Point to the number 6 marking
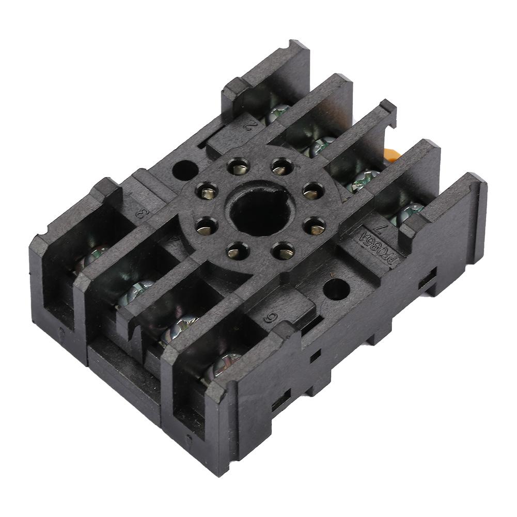click(268, 317)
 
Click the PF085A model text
click(386, 249)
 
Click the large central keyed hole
click(255, 209)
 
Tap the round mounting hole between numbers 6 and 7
click(336, 289)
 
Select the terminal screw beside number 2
click(278, 113)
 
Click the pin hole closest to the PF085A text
click(315, 226)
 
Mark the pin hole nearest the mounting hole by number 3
click(207, 193)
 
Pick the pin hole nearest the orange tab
click(313, 191)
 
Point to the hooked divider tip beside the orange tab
click(387, 110)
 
